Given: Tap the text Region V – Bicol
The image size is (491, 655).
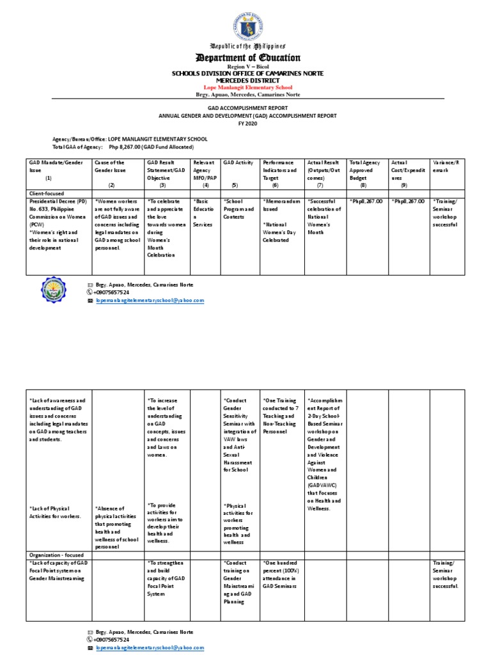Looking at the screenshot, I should click(x=245, y=67).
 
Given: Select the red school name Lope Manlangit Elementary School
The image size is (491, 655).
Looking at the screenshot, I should click(x=245, y=87).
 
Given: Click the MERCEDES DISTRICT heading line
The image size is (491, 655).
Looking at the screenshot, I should click(x=245, y=81).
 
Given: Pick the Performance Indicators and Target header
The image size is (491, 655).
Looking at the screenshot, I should click(x=280, y=171).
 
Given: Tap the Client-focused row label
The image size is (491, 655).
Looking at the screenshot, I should click(x=47, y=192).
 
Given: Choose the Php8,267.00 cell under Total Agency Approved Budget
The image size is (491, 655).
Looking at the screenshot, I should click(x=366, y=201).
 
